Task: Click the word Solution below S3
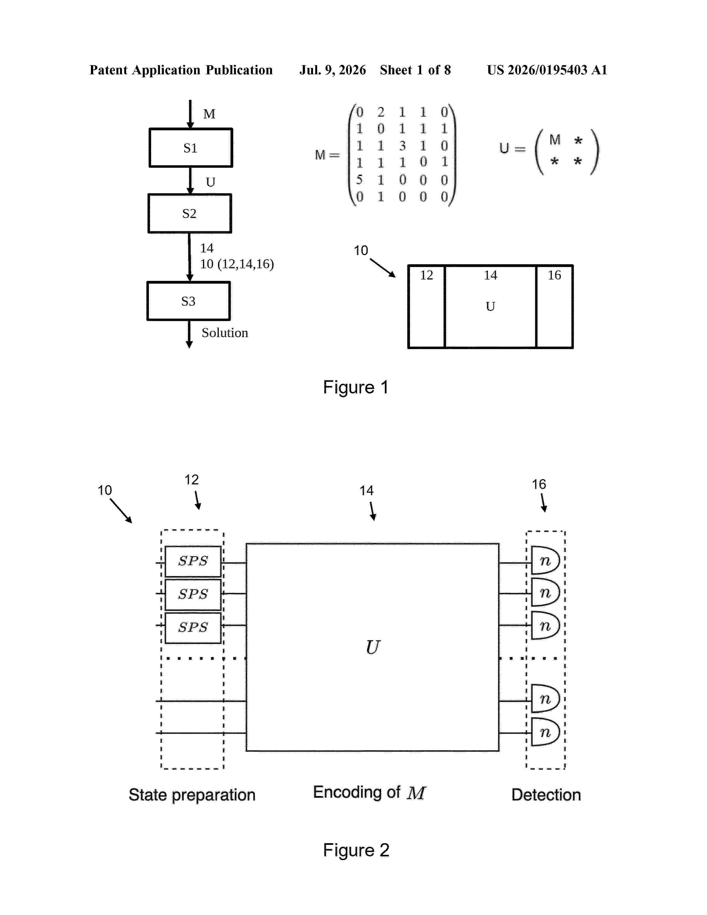pyautogui.click(x=225, y=333)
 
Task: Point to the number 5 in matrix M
pyautogui.click(x=359, y=179)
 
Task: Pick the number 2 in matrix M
pyautogui.click(x=381, y=112)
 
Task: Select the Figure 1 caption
pyautogui.click(x=356, y=387)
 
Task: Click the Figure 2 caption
pyautogui.click(x=356, y=850)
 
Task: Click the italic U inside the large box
pyautogui.click(x=373, y=647)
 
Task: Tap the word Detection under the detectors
pyautogui.click(x=546, y=795)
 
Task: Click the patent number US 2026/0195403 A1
pyautogui.click(x=547, y=70)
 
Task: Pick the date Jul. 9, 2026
pyautogui.click(x=332, y=70)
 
